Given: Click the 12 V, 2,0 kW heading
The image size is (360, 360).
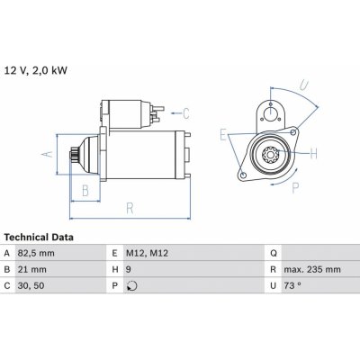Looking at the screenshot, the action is tap(36, 71).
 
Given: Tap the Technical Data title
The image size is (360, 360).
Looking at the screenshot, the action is tap(39, 238).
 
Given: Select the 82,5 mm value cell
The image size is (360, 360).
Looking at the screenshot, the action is tap(36, 253).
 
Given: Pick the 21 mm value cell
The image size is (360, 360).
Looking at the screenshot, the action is tap(31, 269).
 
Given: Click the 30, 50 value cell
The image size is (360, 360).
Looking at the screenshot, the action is tap(31, 285).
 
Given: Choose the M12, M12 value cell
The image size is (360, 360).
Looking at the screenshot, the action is tap(147, 253).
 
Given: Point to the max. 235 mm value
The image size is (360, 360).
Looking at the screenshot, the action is tap(312, 269).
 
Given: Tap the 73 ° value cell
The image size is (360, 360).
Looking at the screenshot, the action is tap(292, 285).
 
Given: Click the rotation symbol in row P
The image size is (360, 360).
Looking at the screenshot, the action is tap(132, 286).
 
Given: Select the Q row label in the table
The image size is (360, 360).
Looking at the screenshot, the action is tap(274, 254).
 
